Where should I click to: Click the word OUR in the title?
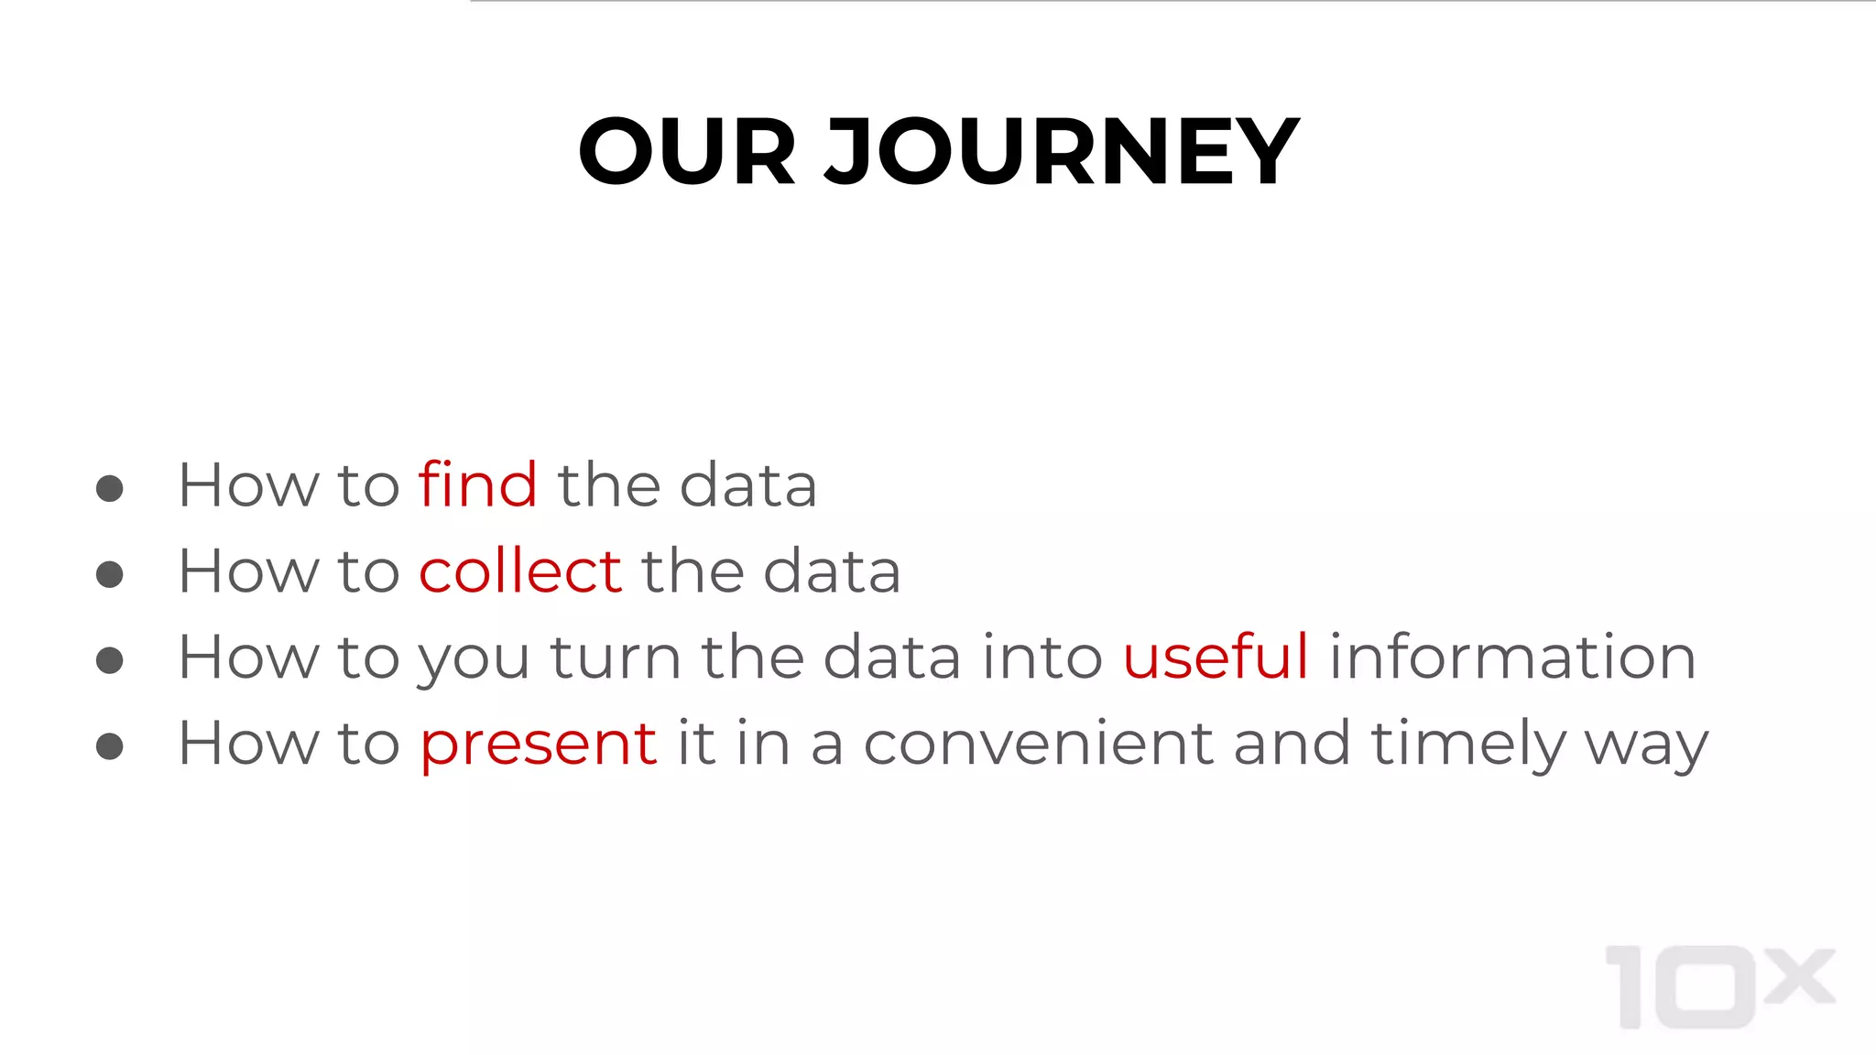pos(686,151)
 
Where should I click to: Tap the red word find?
pos(477,484)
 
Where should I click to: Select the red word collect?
pos(520,571)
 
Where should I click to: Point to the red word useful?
pos(1215,657)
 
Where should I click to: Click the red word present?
pos(538,744)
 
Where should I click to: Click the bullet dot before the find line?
pos(110,488)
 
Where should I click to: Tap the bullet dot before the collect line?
pos(110,574)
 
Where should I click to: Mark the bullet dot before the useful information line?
pos(110,660)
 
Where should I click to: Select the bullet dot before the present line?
pos(110,746)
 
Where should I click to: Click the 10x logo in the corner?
pos(1718,986)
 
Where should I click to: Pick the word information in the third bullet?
pos(1512,657)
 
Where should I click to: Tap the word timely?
pos(1467,744)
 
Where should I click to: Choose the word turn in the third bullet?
pos(615,658)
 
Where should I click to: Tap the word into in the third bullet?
pos(1042,657)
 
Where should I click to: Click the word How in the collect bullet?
pos(247,571)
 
